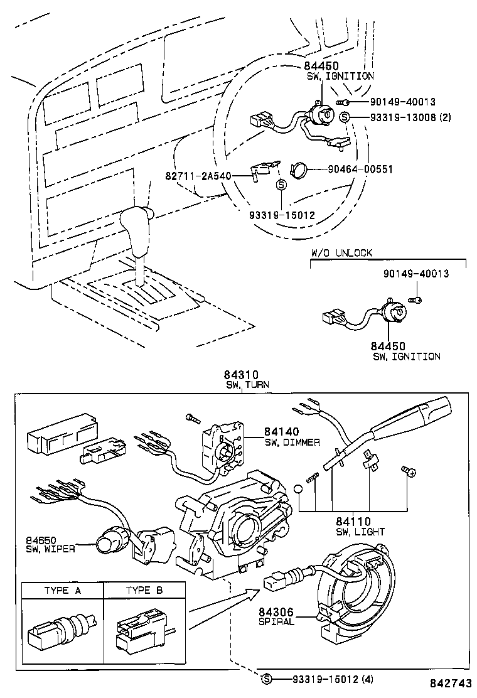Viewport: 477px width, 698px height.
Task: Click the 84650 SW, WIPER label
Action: [50, 544]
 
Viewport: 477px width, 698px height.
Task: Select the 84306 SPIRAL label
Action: [276, 616]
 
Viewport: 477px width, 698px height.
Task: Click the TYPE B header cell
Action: [144, 591]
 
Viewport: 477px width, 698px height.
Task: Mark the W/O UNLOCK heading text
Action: [341, 253]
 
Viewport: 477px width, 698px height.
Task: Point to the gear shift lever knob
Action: [136, 223]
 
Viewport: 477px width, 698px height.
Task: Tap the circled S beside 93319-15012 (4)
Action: [267, 679]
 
